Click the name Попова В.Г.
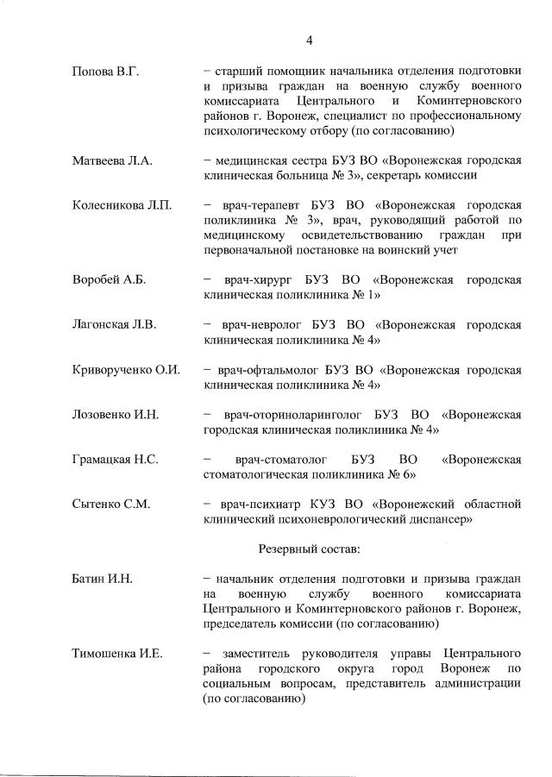coord(105,72)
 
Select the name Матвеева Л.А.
coord(112,160)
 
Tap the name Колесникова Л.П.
coord(122,205)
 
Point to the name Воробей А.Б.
coord(109,279)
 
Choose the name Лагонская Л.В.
coord(113,325)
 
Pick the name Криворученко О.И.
coord(126,370)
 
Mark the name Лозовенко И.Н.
coord(116,415)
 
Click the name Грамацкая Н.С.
coord(115,460)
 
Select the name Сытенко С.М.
coord(111,504)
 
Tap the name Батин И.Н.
coord(101,579)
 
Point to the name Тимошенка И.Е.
coord(117,654)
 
